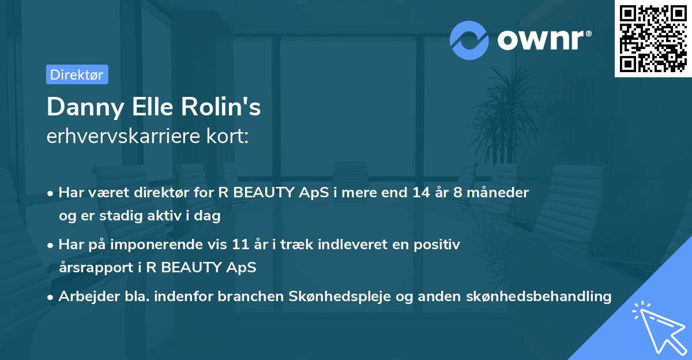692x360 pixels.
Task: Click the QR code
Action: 653,39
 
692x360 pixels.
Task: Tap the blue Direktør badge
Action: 77,74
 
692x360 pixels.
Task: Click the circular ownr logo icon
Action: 469,40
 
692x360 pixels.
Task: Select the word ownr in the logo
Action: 543,40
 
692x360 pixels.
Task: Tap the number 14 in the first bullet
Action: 422,193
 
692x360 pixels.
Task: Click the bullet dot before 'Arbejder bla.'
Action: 51,297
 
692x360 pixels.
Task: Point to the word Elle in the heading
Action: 157,108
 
